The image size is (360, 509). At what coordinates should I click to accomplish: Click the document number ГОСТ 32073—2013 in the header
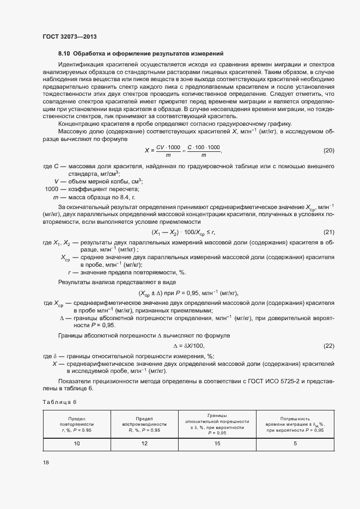(69, 37)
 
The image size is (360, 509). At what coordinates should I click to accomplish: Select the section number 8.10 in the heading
(64, 53)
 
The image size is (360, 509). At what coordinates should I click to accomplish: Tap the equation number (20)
(328, 150)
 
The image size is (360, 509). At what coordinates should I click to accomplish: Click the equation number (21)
(328, 232)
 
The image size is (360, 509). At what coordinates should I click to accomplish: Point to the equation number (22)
(328, 346)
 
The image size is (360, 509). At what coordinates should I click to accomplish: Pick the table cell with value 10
(77, 444)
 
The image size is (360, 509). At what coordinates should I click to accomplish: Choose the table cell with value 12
(144, 444)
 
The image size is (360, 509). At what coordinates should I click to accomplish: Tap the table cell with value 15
(217, 444)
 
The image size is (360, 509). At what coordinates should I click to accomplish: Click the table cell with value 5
(295, 444)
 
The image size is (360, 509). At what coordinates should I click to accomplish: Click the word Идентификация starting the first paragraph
(82, 64)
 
